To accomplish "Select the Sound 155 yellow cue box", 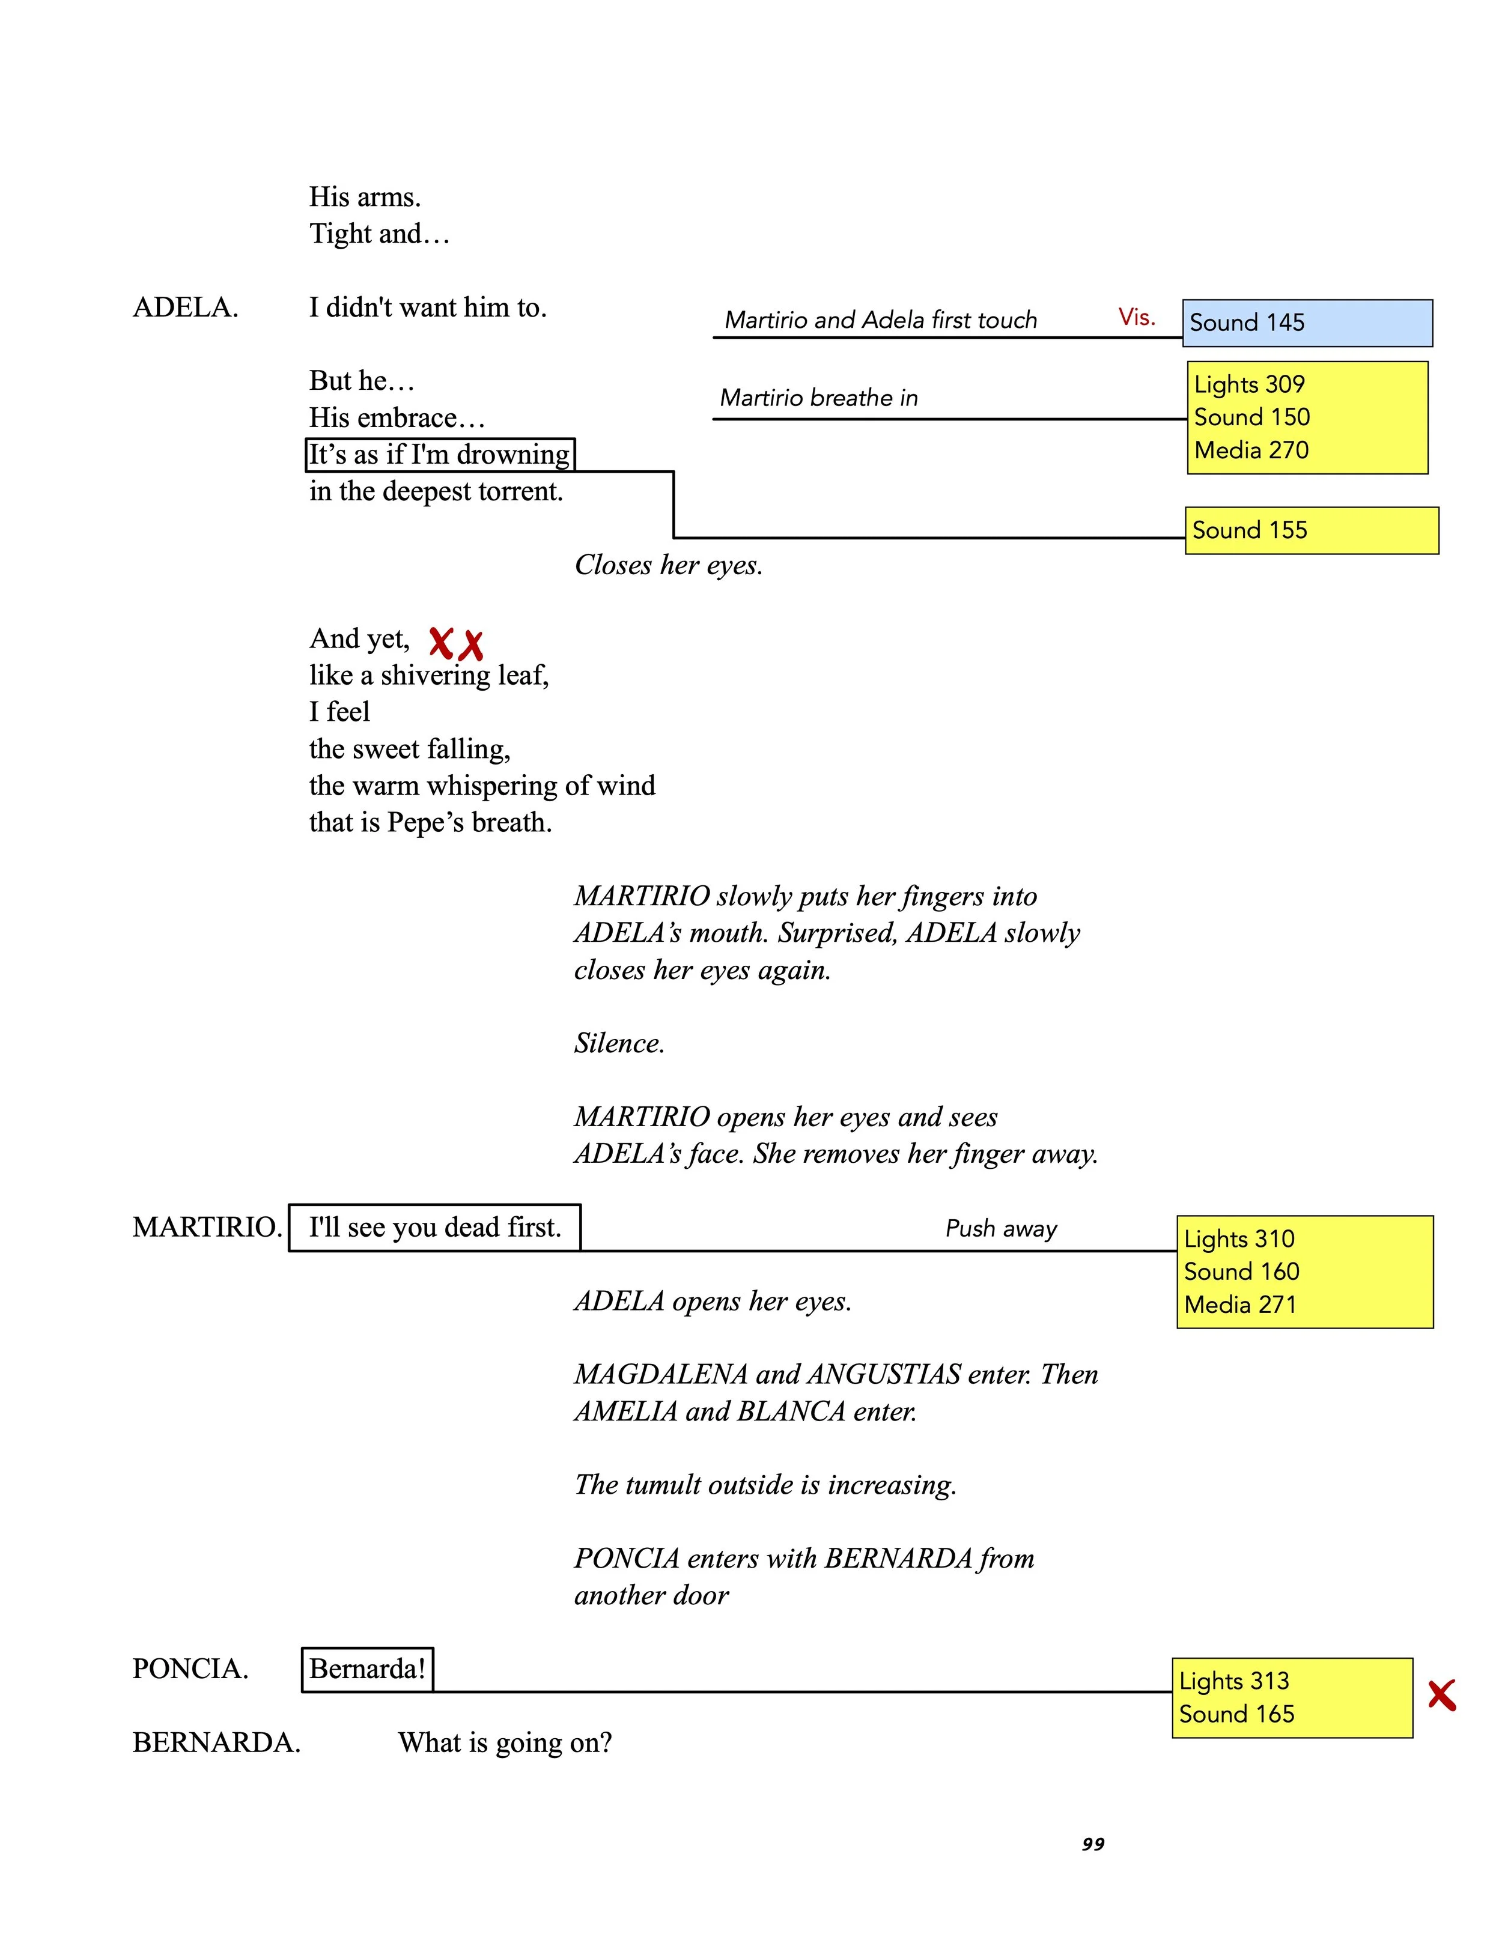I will click(x=1311, y=530).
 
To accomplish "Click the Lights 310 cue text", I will click(x=1239, y=1238).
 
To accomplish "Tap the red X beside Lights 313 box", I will click(x=1441, y=1695).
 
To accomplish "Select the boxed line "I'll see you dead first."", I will click(x=434, y=1228).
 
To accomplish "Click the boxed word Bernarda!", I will click(x=368, y=1669).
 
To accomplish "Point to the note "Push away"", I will click(x=1001, y=1229).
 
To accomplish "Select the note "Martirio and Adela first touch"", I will click(x=880, y=320).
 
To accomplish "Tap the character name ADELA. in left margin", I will click(x=185, y=308).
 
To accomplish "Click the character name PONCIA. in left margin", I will click(x=189, y=1669).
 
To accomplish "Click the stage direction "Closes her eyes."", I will click(x=668, y=565).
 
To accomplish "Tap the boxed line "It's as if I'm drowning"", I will click(x=440, y=455).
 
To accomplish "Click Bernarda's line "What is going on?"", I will click(x=505, y=1743).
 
